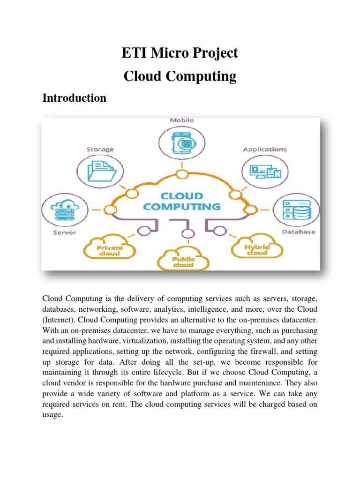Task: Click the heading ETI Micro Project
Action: [180, 53]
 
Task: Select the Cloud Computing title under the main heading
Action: [180, 76]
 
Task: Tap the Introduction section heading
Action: [74, 98]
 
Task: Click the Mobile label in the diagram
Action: [181, 120]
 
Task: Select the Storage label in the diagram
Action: [99, 149]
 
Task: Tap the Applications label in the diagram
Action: [265, 149]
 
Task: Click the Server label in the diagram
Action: [64, 232]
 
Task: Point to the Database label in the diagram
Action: [298, 232]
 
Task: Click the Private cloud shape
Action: [110, 249]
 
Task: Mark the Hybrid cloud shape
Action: [256, 248]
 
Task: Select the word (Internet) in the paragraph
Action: [59, 319]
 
